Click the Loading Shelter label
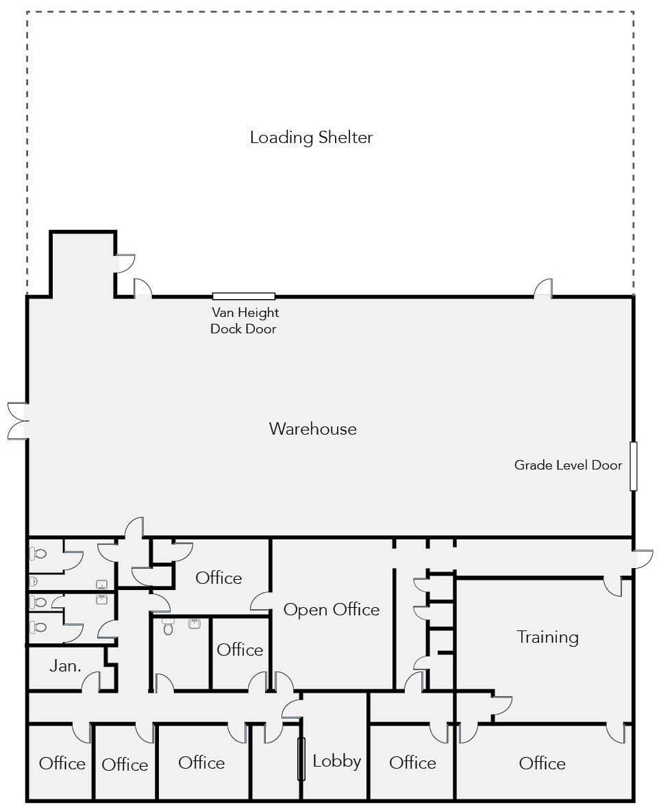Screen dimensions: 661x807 (x=311, y=138)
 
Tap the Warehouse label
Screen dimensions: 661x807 (x=313, y=428)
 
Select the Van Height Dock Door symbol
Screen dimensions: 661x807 (x=244, y=296)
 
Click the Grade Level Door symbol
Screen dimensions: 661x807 (x=633, y=465)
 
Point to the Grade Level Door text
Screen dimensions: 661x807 (x=568, y=465)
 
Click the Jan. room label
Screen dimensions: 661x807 (x=66, y=666)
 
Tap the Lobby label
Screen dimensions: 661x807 (x=337, y=760)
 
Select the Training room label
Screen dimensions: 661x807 (x=548, y=638)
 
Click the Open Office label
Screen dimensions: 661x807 (x=332, y=610)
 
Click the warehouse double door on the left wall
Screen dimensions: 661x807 (x=18, y=422)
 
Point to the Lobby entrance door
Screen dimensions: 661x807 (x=302, y=759)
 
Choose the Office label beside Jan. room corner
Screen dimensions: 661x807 (x=62, y=763)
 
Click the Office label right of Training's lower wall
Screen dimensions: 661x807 (x=542, y=763)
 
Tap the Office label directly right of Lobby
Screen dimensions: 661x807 (x=412, y=763)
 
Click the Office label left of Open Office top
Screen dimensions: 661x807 (x=219, y=578)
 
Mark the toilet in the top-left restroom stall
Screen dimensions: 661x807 (x=38, y=554)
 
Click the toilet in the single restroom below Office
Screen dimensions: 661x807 (x=168, y=626)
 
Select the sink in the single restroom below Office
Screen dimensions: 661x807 (x=195, y=624)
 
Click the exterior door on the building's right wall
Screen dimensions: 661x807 (x=642, y=559)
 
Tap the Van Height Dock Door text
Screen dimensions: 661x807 (x=245, y=320)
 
